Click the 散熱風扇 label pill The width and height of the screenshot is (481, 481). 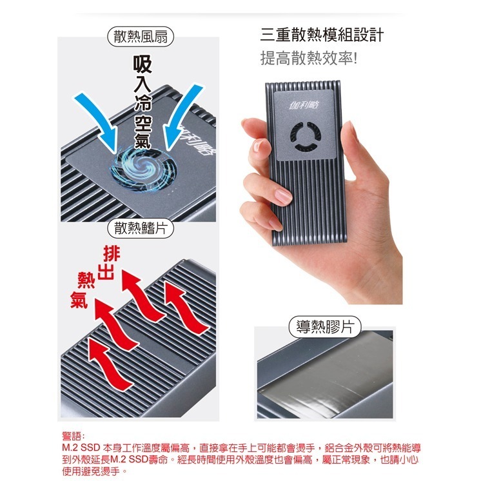click(x=141, y=37)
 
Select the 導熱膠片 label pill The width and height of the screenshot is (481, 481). click(x=325, y=326)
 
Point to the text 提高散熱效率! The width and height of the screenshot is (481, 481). click(x=308, y=59)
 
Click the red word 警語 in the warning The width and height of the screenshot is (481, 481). click(x=73, y=436)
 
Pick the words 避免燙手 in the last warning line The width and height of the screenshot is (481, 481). click(x=103, y=471)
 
